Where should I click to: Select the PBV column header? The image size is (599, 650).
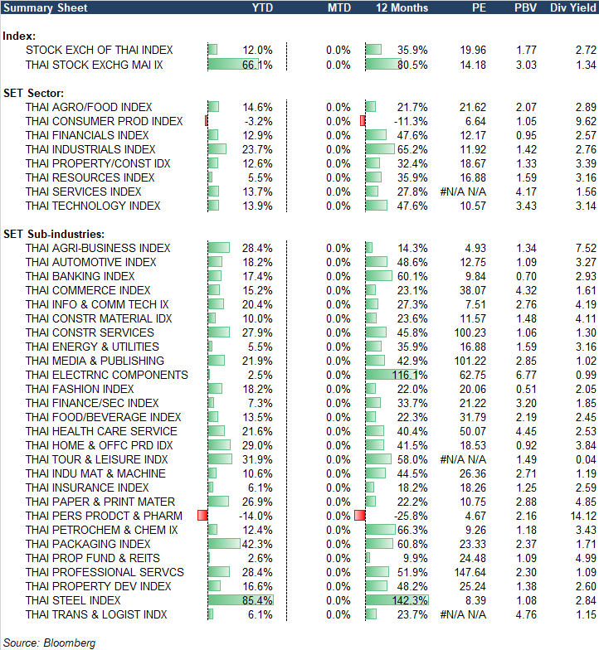click(x=525, y=7)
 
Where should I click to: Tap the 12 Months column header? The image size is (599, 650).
click(x=402, y=7)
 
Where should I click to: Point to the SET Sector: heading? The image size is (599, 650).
click(x=34, y=93)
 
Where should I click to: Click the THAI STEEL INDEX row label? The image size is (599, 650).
click(x=73, y=600)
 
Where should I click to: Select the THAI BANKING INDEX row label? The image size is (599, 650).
click(x=80, y=276)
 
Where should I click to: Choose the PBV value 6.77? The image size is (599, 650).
click(x=526, y=375)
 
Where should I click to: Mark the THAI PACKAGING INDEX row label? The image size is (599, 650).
click(x=88, y=544)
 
